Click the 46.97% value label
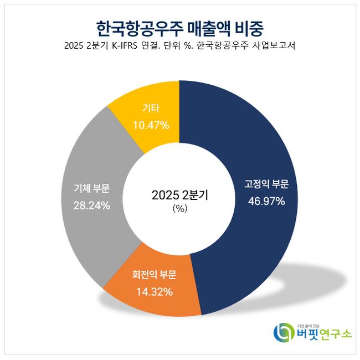point(266,201)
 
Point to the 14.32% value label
point(151,291)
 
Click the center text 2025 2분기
point(179,195)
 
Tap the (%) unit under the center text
point(179,209)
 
